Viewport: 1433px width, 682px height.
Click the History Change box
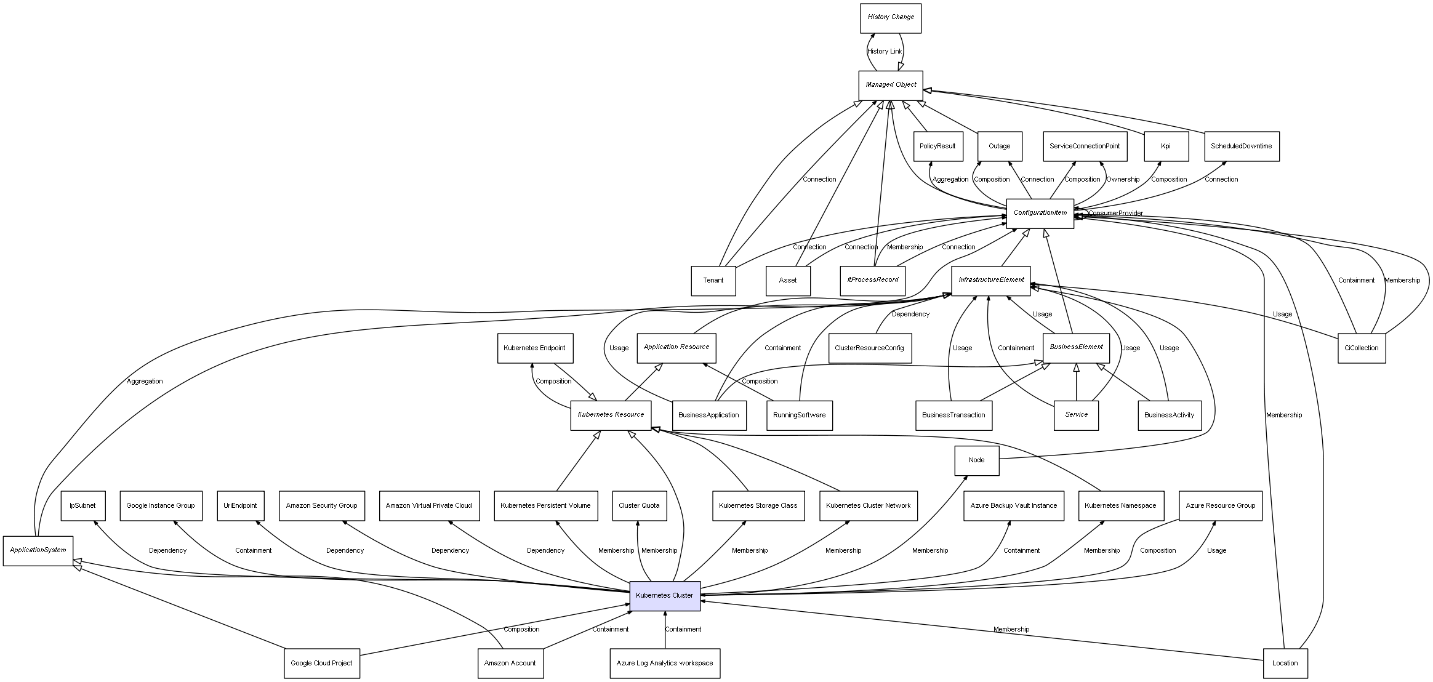coord(890,18)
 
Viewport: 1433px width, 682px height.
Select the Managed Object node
coord(890,85)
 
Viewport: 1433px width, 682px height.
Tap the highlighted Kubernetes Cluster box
coord(664,596)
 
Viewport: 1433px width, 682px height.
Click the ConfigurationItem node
coord(1040,213)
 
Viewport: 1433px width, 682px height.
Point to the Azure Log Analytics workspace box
coord(665,664)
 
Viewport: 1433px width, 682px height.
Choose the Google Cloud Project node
coord(321,664)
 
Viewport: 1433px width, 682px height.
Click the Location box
coord(1285,664)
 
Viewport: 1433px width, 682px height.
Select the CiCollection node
coord(1361,348)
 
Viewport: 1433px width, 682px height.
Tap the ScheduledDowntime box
coord(1241,146)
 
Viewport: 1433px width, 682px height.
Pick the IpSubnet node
coord(82,506)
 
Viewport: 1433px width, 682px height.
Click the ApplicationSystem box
coord(38,550)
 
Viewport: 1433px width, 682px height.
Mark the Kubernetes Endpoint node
coord(534,348)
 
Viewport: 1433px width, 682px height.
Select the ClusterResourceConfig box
coord(869,348)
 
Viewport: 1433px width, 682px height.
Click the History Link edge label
coord(884,52)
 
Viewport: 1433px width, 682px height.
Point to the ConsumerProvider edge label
coord(1115,214)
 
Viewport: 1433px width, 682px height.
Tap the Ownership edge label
coord(1123,180)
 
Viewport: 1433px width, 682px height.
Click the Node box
coord(976,460)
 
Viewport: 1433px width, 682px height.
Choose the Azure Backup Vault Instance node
coord(1013,506)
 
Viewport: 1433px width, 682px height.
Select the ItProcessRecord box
coord(872,281)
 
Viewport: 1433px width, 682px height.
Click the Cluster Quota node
coord(639,506)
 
